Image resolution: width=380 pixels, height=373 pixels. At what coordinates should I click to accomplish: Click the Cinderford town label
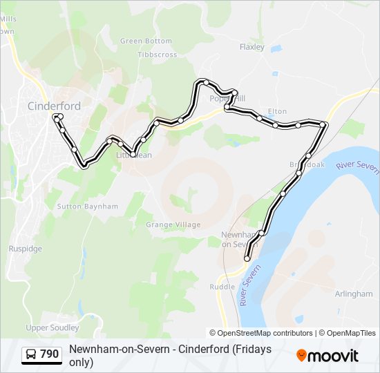pyautogui.click(x=53, y=106)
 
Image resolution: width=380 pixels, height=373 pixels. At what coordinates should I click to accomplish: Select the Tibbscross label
pyautogui.click(x=157, y=55)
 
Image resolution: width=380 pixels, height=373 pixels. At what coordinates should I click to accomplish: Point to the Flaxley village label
pyautogui.click(x=251, y=47)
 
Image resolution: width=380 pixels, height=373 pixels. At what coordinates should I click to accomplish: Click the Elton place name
pyautogui.click(x=277, y=111)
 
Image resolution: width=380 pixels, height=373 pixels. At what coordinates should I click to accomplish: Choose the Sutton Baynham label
pyautogui.click(x=87, y=207)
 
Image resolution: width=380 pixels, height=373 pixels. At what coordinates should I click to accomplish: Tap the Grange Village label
pyautogui.click(x=173, y=224)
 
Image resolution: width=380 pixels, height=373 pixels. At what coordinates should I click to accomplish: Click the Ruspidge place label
pyautogui.click(x=25, y=249)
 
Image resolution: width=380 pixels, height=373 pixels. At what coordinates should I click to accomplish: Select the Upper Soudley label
pyautogui.click(x=52, y=327)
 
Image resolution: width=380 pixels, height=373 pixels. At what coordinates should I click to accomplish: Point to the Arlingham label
pyautogui.click(x=353, y=294)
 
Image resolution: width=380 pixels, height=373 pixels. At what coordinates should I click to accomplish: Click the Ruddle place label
pyautogui.click(x=222, y=287)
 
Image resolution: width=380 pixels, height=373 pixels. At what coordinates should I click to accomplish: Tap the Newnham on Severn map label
pyautogui.click(x=240, y=239)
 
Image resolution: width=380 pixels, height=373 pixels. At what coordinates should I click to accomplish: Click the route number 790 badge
pyautogui.click(x=49, y=354)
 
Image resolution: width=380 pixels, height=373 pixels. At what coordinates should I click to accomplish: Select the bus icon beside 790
pyautogui.click(x=32, y=355)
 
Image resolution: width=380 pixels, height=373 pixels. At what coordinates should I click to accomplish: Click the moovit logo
pyautogui.click(x=327, y=355)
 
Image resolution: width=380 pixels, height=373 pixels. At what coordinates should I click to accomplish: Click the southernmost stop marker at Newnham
pyautogui.click(x=247, y=258)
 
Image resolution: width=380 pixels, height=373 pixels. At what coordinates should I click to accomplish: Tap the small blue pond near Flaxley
pyautogui.click(x=276, y=49)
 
